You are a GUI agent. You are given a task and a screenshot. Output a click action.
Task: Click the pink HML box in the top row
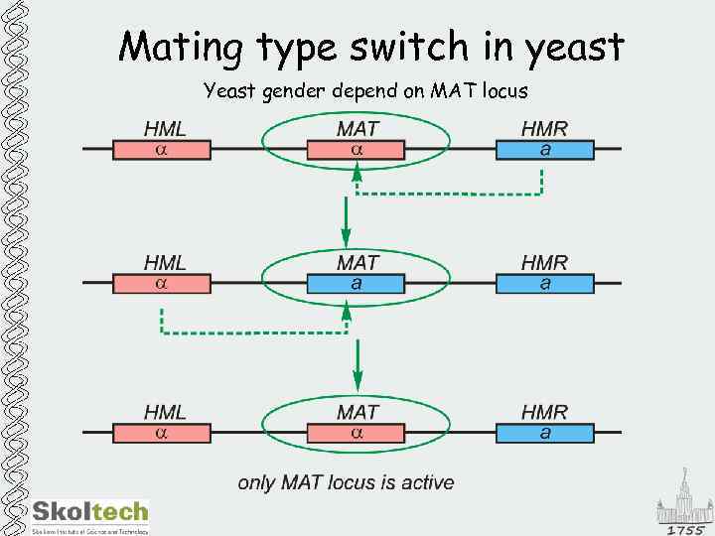click(162, 150)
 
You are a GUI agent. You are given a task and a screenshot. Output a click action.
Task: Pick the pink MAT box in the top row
click(357, 150)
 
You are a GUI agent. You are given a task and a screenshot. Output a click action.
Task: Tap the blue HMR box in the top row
click(545, 150)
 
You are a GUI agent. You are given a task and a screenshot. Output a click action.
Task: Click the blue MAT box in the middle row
click(357, 284)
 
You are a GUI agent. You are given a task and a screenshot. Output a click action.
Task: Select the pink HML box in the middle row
click(162, 284)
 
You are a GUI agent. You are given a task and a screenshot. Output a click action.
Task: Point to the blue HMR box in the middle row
click(545, 284)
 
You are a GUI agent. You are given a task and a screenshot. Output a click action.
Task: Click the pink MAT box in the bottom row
click(357, 433)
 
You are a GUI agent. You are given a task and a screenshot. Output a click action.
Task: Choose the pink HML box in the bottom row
click(162, 433)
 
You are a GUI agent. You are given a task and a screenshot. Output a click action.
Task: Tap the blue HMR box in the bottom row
click(545, 433)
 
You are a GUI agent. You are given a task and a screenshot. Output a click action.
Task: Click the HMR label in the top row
click(545, 128)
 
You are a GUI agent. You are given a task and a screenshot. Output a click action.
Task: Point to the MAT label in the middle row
click(357, 263)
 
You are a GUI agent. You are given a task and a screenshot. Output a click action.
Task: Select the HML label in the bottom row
click(165, 411)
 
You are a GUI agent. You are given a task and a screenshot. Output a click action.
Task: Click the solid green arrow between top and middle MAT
click(346, 222)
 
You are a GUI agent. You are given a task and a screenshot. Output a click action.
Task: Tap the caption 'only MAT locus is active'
click(346, 483)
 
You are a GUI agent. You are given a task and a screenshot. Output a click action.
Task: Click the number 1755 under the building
click(685, 529)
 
